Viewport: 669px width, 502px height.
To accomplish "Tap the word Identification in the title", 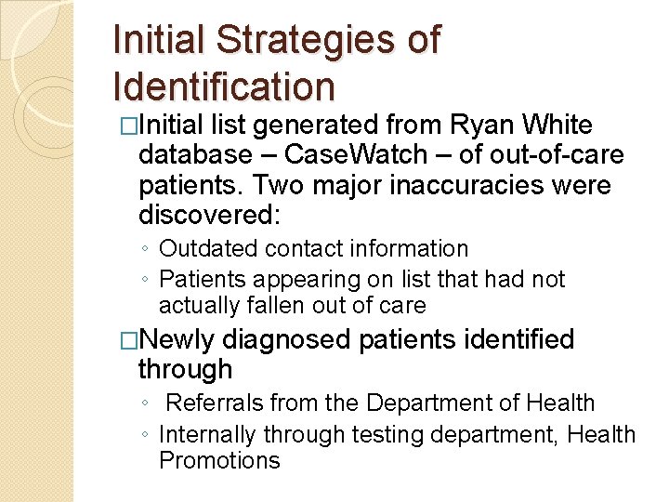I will (x=223, y=86).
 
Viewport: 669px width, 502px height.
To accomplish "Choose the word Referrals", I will (x=212, y=403).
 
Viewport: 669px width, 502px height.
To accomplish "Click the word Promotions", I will (x=219, y=460).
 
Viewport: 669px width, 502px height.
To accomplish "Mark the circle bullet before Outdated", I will (x=146, y=250).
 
